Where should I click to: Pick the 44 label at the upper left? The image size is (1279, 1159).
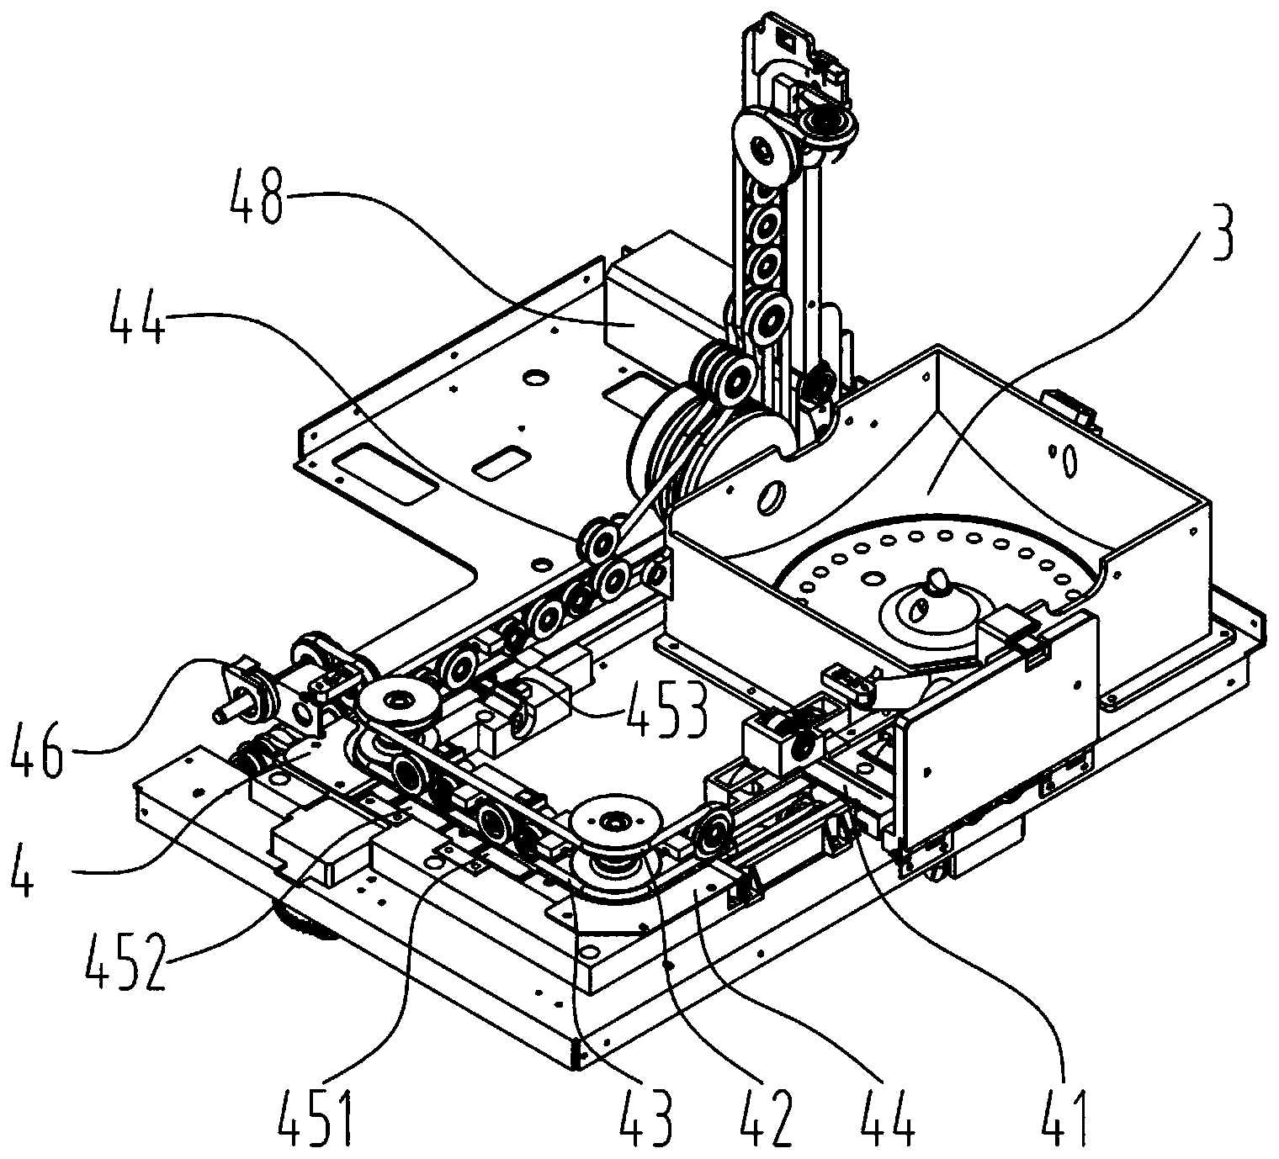click(x=138, y=319)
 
